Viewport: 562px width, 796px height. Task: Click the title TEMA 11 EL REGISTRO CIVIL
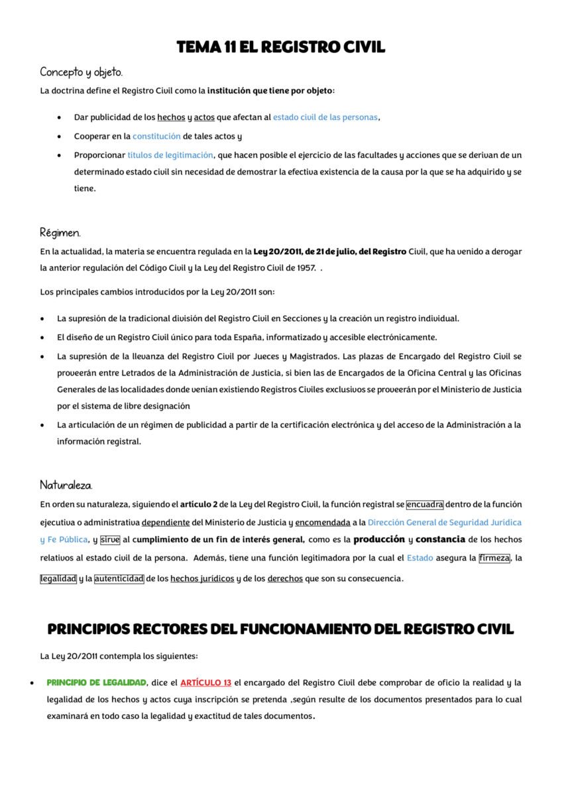280,47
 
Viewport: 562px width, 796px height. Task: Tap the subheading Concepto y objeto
81,72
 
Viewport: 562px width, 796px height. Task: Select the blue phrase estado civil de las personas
325,117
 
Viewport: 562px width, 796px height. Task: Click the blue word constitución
156,136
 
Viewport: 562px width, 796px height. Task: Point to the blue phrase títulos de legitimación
170,155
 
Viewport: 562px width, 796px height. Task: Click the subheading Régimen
60,233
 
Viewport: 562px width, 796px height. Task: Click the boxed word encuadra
425,504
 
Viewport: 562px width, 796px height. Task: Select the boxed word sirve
110,540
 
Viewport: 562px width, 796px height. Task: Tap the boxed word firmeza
494,558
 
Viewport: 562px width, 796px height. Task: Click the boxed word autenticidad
119,578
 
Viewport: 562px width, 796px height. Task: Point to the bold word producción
379,539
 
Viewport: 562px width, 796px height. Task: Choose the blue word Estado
420,558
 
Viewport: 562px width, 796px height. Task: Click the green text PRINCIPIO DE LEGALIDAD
96,683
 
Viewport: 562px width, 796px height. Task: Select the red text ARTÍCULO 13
205,683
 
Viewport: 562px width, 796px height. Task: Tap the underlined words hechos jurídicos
202,578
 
